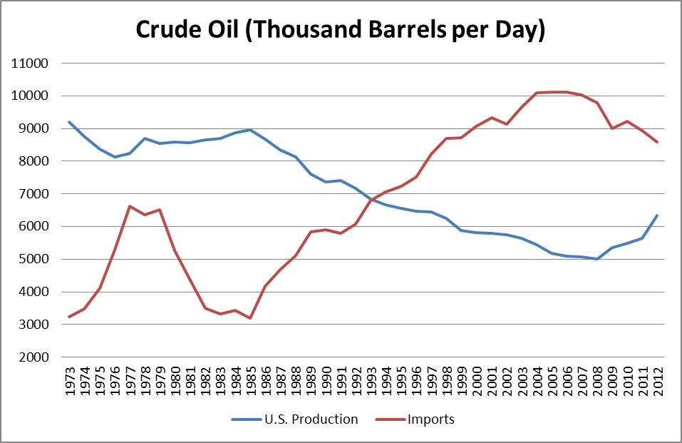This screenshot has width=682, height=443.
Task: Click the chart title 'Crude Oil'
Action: [341, 31]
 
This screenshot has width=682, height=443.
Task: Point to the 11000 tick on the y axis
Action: [30, 63]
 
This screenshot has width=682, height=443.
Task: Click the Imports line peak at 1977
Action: [130, 206]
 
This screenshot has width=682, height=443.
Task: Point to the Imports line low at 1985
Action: [250, 318]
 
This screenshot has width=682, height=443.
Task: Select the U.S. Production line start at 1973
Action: [69, 122]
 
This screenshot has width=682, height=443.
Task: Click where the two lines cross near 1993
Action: [371, 199]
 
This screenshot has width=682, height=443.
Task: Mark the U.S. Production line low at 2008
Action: [596, 259]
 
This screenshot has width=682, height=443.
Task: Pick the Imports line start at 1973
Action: [69, 317]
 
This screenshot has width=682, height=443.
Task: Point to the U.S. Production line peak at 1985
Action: [250, 130]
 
